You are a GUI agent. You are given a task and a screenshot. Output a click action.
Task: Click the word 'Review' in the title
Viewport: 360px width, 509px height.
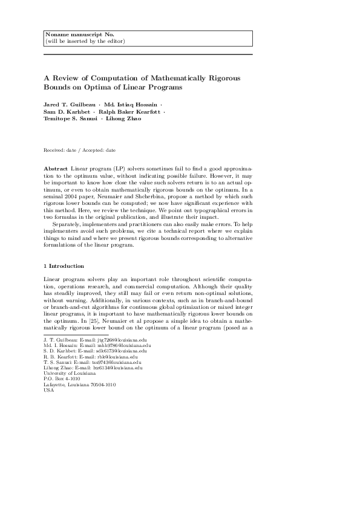click(67, 79)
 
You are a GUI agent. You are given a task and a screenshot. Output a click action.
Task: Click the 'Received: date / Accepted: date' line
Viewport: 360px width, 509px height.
click(80, 149)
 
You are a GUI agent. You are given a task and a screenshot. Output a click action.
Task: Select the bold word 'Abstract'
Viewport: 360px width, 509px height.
click(56, 167)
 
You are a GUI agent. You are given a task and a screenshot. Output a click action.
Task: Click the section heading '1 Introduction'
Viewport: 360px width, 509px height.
click(64, 266)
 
